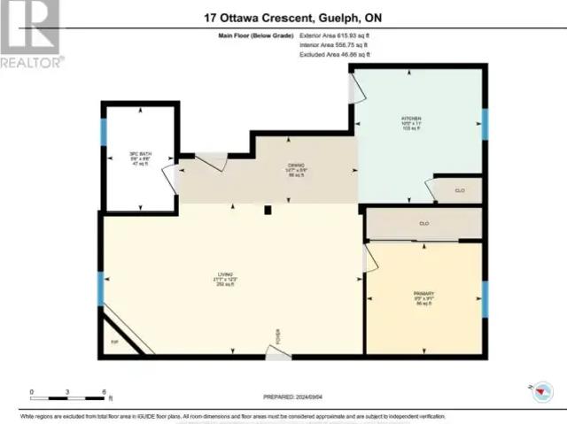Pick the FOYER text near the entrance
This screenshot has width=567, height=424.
[x=277, y=336]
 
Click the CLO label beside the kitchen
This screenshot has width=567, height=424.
[x=460, y=189]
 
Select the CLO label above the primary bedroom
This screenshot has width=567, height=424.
[x=424, y=223]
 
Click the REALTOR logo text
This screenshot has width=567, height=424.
[x=32, y=62]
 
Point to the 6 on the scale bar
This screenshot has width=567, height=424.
[x=105, y=391]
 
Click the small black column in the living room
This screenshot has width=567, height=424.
[x=267, y=211]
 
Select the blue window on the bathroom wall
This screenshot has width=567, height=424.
[x=104, y=132]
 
